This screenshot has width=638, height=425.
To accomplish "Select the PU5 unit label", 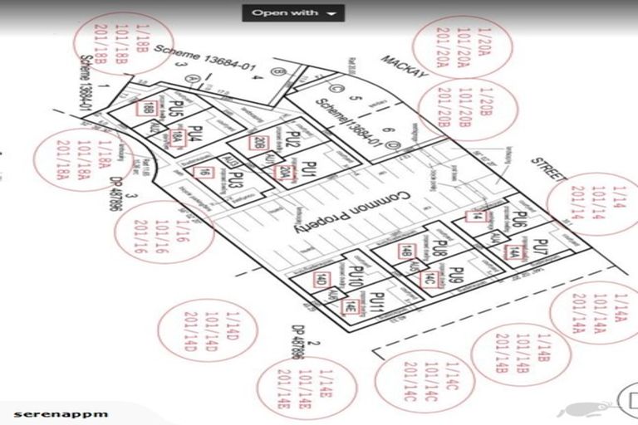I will point(174,112).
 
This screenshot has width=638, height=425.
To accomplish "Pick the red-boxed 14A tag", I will point(514,254).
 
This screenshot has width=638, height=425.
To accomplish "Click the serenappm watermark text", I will point(61,413).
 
